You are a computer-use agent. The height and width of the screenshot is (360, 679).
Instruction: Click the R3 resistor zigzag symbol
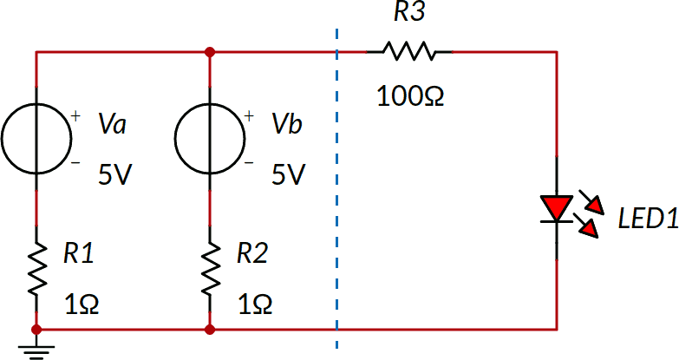pos(409,52)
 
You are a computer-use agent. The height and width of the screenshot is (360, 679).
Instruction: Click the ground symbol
pos(36,349)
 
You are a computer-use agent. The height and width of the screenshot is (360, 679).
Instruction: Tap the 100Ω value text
pos(410,95)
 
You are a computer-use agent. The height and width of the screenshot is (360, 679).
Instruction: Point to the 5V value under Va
pos(115,175)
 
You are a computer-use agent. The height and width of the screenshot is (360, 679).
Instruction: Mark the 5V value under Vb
pos(289,175)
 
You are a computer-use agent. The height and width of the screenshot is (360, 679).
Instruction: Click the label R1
pos(80,253)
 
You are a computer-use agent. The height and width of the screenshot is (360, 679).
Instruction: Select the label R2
pos(253,253)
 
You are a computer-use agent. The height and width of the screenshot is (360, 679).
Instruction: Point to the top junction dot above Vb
pos(209,52)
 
